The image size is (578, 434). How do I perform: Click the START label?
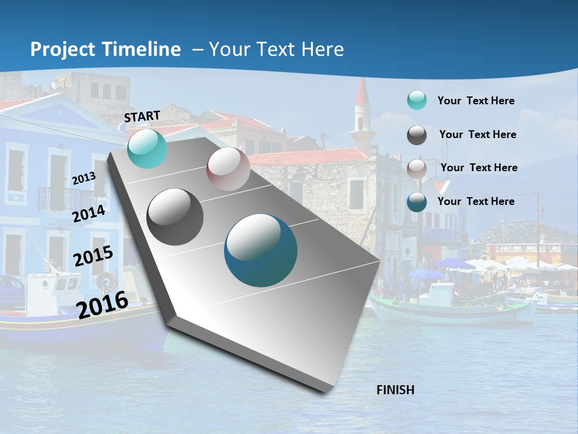[142, 116]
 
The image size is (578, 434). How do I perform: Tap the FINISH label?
[395, 390]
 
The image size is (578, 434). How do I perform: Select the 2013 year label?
[84, 178]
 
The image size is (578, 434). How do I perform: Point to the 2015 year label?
[93, 257]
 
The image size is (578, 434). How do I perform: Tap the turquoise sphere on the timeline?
[147, 148]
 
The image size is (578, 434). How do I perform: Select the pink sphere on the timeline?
[228, 169]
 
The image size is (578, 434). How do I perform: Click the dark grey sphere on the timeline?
[175, 217]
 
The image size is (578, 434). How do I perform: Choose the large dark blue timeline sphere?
[261, 250]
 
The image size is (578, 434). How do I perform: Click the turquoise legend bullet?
[417, 101]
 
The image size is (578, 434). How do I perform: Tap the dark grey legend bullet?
[417, 134]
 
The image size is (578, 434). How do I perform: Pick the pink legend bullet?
[417, 168]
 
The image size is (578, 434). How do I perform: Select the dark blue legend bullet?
[417, 201]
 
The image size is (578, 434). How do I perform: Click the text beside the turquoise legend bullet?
[476, 101]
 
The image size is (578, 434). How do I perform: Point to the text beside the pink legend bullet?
[479, 168]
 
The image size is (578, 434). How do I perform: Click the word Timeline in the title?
[142, 49]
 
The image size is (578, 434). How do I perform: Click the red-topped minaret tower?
[362, 112]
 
